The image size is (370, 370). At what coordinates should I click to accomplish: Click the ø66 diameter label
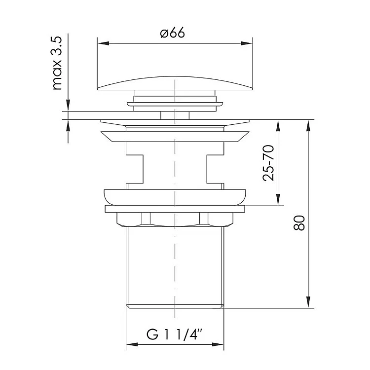pyautogui.click(x=172, y=33)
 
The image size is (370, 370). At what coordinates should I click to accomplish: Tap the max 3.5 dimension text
pyautogui.click(x=57, y=63)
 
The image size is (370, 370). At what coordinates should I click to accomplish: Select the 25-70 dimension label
pyautogui.click(x=268, y=163)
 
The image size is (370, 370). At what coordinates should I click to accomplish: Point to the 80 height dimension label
pyautogui.click(x=299, y=222)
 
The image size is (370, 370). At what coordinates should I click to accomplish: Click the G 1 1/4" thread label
pyautogui.click(x=175, y=334)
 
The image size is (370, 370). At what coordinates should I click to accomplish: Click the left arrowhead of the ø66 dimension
pyautogui.click(x=104, y=43)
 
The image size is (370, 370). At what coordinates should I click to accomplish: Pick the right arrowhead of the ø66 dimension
pyautogui.click(x=247, y=43)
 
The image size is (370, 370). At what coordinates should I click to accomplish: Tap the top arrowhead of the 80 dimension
pyautogui.click(x=308, y=126)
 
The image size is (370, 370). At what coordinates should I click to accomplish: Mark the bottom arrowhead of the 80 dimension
pyautogui.click(x=308, y=302)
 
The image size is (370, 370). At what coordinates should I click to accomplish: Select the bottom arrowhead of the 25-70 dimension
pyautogui.click(x=278, y=200)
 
